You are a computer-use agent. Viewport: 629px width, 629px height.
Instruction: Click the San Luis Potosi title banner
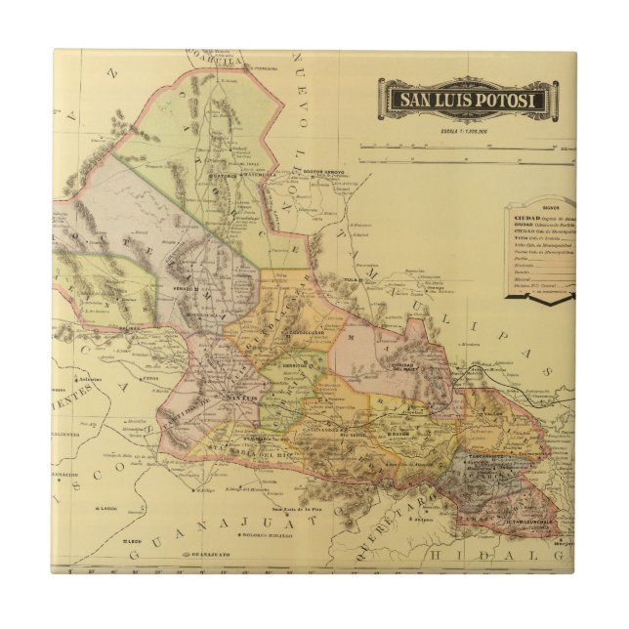(467, 100)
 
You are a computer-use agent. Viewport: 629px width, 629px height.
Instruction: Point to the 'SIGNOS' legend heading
(550, 208)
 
